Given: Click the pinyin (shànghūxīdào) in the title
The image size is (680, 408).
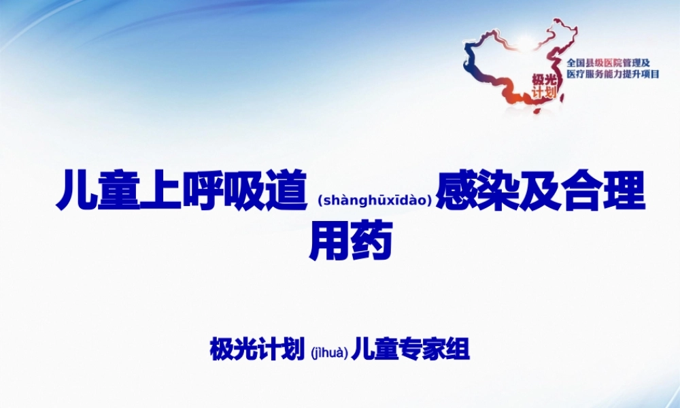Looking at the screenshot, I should tap(375, 200).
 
